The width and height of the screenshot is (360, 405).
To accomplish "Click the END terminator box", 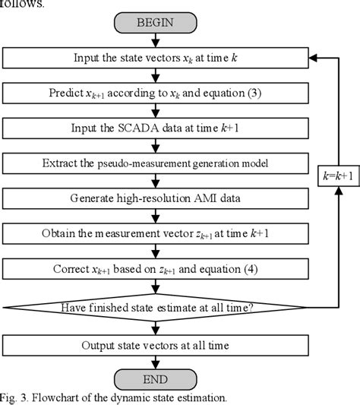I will (154, 379).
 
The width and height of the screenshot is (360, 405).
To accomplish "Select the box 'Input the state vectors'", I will (154, 58).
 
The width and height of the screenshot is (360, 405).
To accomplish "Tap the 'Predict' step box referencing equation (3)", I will (154, 93).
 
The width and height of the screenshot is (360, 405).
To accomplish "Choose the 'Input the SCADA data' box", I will (154, 128).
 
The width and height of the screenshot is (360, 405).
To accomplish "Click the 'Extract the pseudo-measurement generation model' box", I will (154, 163).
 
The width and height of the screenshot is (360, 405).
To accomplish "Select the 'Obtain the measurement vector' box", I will (154, 233).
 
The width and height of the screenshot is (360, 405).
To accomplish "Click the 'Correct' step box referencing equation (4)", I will (154, 268).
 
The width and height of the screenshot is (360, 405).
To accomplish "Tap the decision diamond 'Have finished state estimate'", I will (154, 308).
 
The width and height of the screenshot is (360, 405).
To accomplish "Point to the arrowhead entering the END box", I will (154, 365).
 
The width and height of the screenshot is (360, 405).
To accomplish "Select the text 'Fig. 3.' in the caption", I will (15, 397).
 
